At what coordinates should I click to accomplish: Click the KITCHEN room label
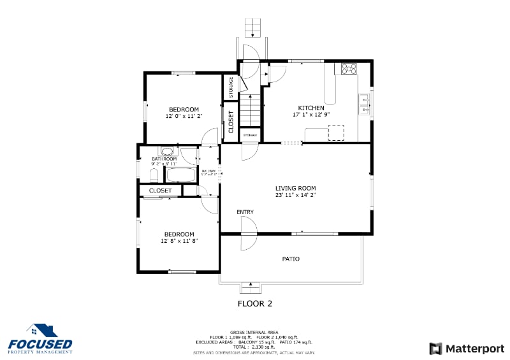coord(311,108)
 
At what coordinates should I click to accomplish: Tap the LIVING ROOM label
coord(295,188)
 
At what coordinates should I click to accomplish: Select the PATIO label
coord(291,259)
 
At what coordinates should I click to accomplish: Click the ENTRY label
coord(245,212)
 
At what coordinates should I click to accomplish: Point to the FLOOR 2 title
coord(255,303)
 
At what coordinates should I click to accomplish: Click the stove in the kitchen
coord(349,68)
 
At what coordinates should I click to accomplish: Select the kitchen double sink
coord(364,104)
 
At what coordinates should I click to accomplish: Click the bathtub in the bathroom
coord(181,175)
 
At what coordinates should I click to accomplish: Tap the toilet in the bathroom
coord(154,174)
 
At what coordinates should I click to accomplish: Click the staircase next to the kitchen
coord(251,109)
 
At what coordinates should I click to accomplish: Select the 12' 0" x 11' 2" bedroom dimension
coord(184,117)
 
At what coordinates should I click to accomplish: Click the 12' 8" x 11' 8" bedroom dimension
coord(179,241)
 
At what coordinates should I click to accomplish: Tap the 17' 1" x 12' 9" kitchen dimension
coord(311,115)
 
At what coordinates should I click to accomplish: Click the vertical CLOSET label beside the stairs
coord(231,121)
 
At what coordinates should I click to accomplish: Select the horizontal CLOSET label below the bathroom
coord(160,191)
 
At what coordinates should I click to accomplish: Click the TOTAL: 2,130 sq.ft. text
coord(255,347)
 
